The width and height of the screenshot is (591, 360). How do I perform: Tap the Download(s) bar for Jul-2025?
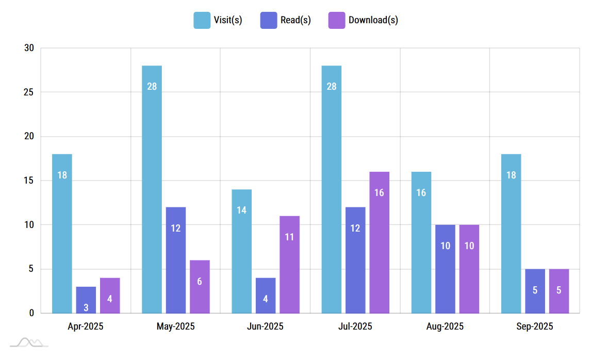379,242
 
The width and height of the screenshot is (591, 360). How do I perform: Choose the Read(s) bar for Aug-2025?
445,269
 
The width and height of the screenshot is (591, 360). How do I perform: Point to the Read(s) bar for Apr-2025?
86,300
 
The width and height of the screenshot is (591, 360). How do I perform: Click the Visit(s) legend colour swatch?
202,20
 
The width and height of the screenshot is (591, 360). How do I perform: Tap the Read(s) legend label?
295,20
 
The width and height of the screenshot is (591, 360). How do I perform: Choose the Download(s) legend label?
373,20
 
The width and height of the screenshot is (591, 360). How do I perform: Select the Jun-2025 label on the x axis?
265,326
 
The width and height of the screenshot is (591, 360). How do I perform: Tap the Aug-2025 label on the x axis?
445,326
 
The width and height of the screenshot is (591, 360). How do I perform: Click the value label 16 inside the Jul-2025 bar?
379,193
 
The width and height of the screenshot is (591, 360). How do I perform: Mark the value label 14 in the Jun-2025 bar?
241,210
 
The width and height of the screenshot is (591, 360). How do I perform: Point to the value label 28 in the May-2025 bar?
152,87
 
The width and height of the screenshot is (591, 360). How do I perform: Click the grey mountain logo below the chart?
29,342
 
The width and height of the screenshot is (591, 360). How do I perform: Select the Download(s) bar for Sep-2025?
559,291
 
